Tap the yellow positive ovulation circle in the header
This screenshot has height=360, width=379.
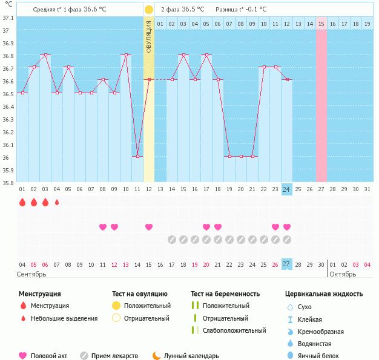point(149,10)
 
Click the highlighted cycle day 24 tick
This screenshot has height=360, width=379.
point(287,189)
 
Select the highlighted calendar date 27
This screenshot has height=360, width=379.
point(287,264)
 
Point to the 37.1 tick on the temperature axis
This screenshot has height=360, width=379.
point(7,18)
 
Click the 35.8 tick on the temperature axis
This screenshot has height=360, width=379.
point(7,183)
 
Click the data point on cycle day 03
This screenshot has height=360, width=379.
point(45,54)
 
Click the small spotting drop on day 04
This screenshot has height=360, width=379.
point(57,203)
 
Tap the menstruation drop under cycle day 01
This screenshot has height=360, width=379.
point(22,203)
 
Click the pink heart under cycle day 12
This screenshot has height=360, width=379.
point(149,227)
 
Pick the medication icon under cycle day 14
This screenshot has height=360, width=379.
point(172,240)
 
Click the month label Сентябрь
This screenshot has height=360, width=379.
point(31,274)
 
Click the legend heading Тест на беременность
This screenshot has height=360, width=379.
point(225,293)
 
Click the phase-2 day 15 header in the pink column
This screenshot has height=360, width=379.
point(321,24)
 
